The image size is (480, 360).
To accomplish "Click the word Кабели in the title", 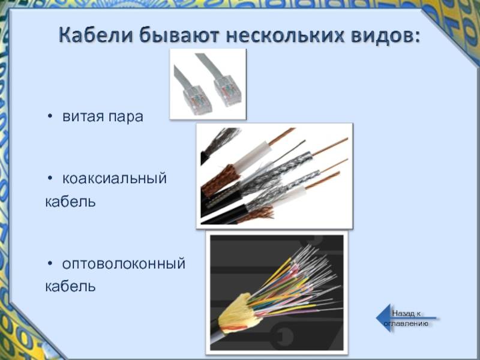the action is click(x=96, y=35).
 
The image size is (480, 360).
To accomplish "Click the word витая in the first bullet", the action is click(x=81, y=116).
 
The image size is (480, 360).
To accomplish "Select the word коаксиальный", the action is click(x=115, y=178).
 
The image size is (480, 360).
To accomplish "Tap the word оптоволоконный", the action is click(x=124, y=264).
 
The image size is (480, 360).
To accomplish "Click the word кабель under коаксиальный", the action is click(x=70, y=202).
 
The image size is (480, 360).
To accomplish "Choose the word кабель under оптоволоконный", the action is click(x=70, y=286).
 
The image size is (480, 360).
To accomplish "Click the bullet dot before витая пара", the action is click(x=50, y=116).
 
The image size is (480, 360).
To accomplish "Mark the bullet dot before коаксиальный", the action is click(x=50, y=178).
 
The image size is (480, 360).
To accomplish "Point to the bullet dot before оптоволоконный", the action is click(x=50, y=263).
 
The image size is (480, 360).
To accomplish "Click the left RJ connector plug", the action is click(x=197, y=100).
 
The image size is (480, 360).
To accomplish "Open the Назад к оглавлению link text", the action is click(x=406, y=319).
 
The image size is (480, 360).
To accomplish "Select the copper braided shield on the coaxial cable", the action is click(x=221, y=181).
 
